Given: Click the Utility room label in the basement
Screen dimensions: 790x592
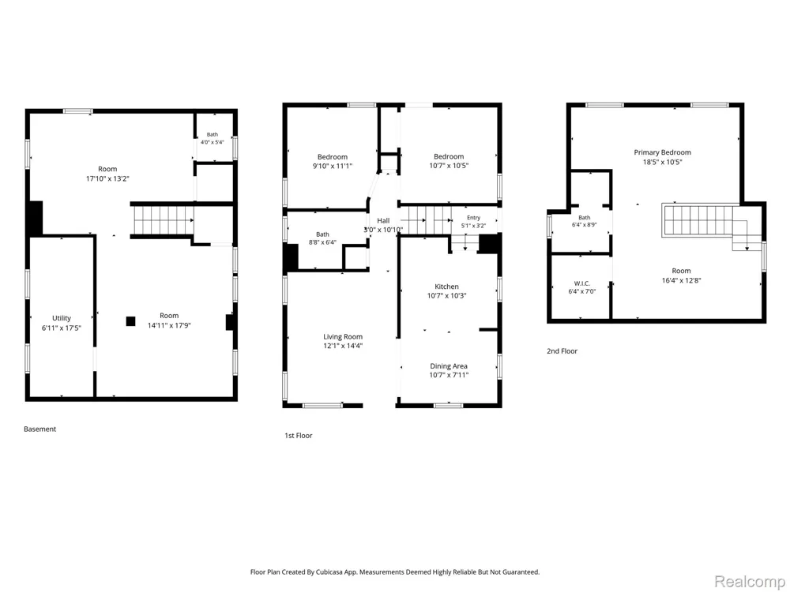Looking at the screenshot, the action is (62, 318).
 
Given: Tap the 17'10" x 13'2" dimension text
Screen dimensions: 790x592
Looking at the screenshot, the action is (107, 178).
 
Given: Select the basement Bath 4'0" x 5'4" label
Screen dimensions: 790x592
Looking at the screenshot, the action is (212, 138).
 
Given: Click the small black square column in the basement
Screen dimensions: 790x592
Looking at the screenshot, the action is (130, 321).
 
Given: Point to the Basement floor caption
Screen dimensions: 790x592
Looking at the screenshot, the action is (39, 429).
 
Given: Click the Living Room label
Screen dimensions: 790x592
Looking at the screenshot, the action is (343, 337).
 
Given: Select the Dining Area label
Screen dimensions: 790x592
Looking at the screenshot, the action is (449, 366).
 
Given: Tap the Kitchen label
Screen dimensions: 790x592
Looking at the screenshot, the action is (447, 287).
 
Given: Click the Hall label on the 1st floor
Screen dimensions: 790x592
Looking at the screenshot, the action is (383, 220).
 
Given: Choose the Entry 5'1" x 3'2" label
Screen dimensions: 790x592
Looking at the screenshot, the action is (473, 222).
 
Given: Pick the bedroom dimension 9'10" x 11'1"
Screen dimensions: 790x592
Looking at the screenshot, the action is (332, 166).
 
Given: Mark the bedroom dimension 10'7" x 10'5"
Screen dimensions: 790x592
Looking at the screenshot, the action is (449, 165).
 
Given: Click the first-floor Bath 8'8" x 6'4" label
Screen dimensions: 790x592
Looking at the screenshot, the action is (322, 238).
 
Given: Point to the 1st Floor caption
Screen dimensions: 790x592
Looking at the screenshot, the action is (299, 436).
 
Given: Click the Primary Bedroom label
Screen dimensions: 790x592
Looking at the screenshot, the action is (663, 152).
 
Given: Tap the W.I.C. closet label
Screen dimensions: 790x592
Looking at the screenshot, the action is (582, 283).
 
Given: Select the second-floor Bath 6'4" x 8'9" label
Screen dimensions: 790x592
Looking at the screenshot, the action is (585, 222).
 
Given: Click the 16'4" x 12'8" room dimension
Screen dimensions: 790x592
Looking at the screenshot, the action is (681, 280).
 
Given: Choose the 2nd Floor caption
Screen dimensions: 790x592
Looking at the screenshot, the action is (562, 351).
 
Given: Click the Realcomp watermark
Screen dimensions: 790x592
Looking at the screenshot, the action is (750, 581).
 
